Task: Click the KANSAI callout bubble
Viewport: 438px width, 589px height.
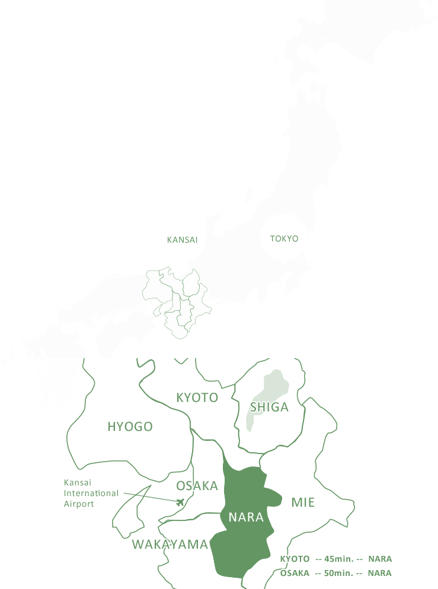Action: (x=182, y=240)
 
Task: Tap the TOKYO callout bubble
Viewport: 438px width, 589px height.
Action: (x=284, y=239)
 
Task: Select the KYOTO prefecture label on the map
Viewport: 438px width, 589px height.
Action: (x=197, y=398)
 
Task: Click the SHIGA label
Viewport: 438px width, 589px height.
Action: (x=269, y=407)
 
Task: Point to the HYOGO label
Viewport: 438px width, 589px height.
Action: (x=130, y=427)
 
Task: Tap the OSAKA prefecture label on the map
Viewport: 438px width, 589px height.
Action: (x=197, y=486)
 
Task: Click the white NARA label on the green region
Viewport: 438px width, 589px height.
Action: (x=246, y=517)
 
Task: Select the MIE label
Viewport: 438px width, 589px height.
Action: (x=303, y=503)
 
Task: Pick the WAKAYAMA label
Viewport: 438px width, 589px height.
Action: (x=170, y=545)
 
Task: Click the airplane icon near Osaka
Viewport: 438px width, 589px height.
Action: (x=181, y=503)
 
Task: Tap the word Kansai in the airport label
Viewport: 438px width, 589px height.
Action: (x=77, y=482)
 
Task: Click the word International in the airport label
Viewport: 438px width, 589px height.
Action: (x=91, y=493)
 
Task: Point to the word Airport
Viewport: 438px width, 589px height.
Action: (x=79, y=504)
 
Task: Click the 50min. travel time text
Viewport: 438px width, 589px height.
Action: (x=338, y=573)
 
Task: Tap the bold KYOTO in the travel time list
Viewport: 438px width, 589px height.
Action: (x=295, y=559)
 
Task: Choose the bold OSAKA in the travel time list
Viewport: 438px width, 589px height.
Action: (x=295, y=573)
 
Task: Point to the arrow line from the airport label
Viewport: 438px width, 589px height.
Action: (x=148, y=497)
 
